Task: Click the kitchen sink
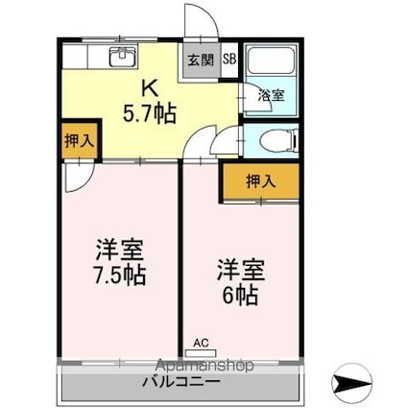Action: pyautogui.click(x=122, y=58)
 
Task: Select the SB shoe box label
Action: pyautogui.click(x=229, y=58)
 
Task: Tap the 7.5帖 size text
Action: pyautogui.click(x=120, y=276)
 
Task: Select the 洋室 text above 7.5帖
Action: pyautogui.click(x=120, y=252)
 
